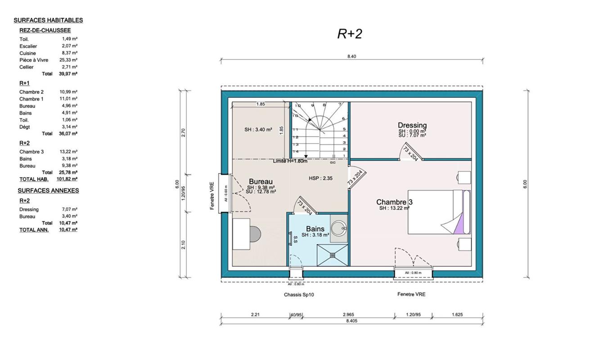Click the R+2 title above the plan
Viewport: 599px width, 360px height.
pyautogui.click(x=349, y=34)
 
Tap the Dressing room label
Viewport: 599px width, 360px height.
pyautogui.click(x=412, y=125)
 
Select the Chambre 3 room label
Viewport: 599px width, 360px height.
pyautogui.click(x=394, y=202)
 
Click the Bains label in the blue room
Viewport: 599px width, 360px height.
pyautogui.click(x=315, y=229)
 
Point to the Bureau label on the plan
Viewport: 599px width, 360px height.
pyautogui.click(x=261, y=181)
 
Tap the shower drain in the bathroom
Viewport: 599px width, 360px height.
pyautogui.click(x=333, y=255)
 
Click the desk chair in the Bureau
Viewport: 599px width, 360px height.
pyautogui.click(x=255, y=234)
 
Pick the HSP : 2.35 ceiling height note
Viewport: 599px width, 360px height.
pyautogui.click(x=320, y=178)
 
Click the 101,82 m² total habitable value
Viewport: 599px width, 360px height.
pyautogui.click(x=68, y=179)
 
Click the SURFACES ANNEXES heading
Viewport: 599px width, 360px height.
pyautogui.click(x=48, y=191)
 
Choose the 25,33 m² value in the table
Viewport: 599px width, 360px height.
pyautogui.click(x=69, y=60)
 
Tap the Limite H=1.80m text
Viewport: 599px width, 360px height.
pyautogui.click(x=290, y=161)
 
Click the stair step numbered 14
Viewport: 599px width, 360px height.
pyautogui.click(x=296, y=151)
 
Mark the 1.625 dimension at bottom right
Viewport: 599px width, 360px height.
pyautogui.click(x=456, y=315)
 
